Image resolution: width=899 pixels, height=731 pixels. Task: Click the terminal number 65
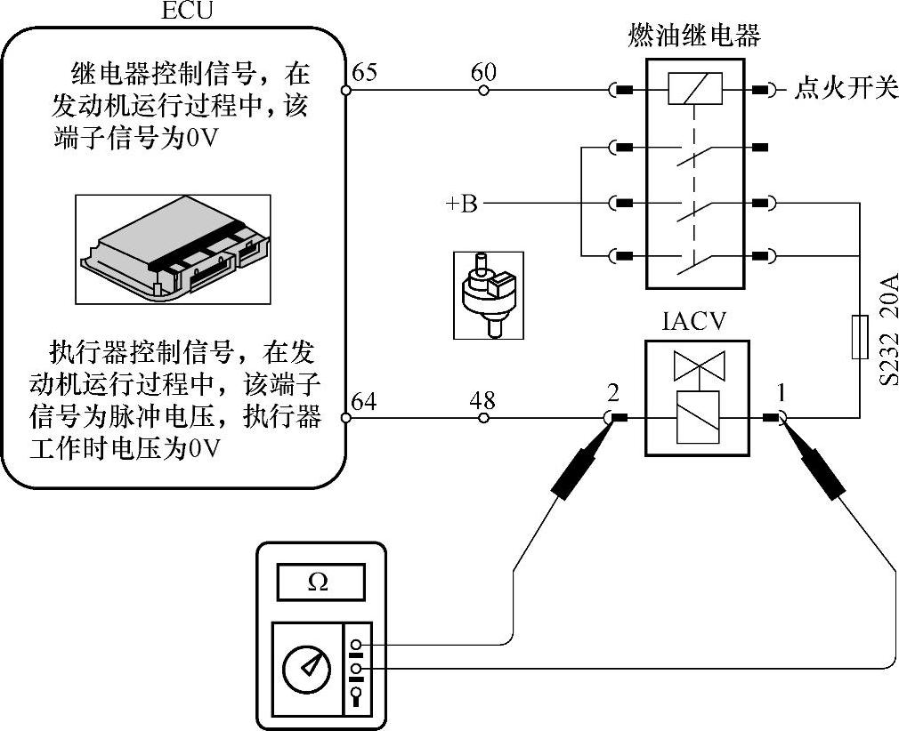(x=364, y=72)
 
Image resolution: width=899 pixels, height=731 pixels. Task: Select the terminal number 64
(x=364, y=401)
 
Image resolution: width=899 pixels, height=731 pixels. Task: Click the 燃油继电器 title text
(x=693, y=36)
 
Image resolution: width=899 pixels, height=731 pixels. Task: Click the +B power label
(x=462, y=205)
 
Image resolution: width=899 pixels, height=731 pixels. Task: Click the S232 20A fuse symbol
(x=860, y=337)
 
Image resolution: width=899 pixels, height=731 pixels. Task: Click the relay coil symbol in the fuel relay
(x=693, y=90)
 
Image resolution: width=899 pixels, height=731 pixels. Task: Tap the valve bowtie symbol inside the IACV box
(x=699, y=366)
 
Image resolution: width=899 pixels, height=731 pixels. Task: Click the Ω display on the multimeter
(x=320, y=582)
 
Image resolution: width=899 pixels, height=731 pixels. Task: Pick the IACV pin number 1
(x=782, y=392)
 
